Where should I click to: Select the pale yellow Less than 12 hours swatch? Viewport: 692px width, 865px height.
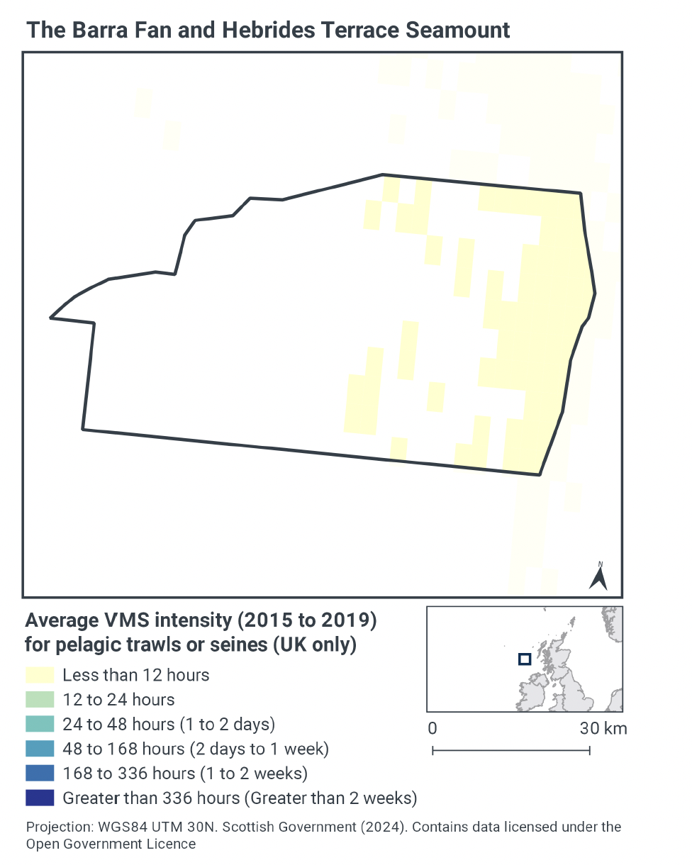coord(40,674)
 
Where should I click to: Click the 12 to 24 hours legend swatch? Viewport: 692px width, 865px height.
coord(40,699)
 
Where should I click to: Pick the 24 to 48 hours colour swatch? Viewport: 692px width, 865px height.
coord(40,724)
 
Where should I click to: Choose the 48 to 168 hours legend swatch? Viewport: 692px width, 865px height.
coord(40,749)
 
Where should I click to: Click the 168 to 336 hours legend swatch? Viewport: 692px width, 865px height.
coord(40,773)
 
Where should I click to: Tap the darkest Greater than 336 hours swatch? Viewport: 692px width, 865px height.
coord(40,798)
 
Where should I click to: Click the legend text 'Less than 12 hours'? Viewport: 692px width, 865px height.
coord(135,674)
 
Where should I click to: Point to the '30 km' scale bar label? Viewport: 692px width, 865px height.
coord(603,728)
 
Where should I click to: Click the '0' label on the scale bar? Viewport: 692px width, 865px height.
coord(432,728)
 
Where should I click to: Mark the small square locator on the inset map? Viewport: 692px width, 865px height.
coord(524,659)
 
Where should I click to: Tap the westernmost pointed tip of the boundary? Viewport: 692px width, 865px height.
coord(51,318)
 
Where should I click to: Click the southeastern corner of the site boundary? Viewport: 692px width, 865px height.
coord(540,474)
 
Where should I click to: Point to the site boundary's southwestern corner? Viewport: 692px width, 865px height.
coord(83,429)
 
